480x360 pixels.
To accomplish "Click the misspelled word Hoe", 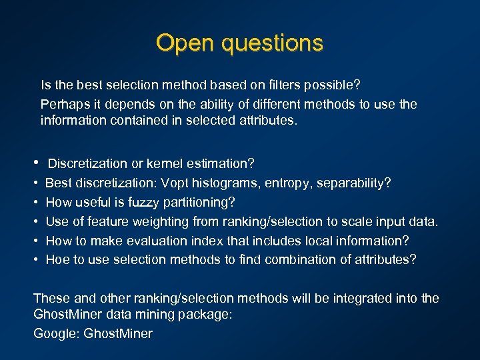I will [57, 259].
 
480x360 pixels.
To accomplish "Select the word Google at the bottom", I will [55, 333].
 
